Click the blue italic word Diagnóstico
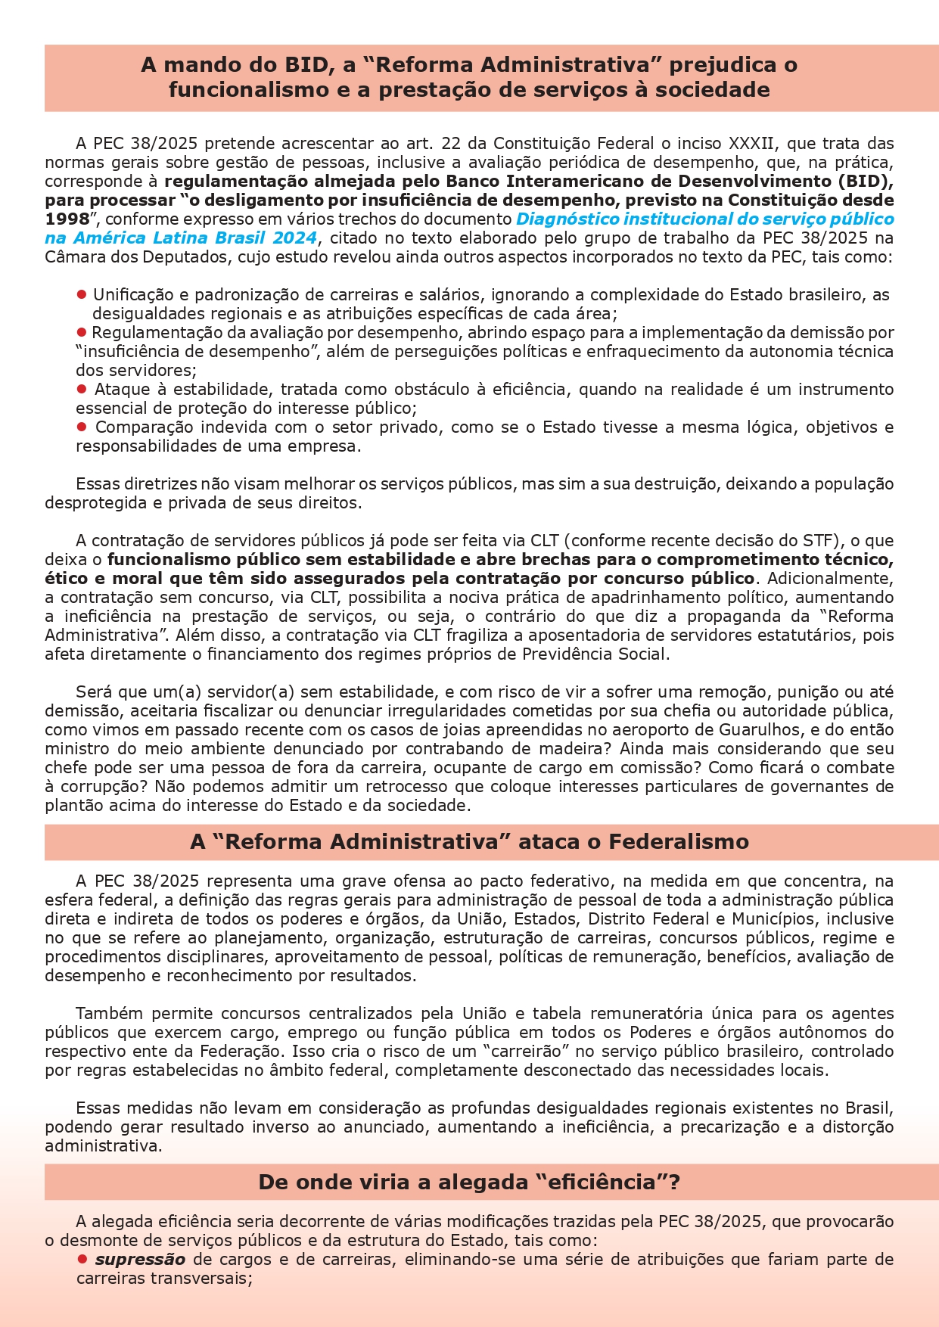(x=562, y=219)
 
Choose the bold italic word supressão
(x=140, y=1260)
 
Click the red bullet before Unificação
(x=81, y=294)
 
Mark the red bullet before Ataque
(x=82, y=389)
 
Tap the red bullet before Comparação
(x=82, y=427)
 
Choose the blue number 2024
(x=294, y=238)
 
